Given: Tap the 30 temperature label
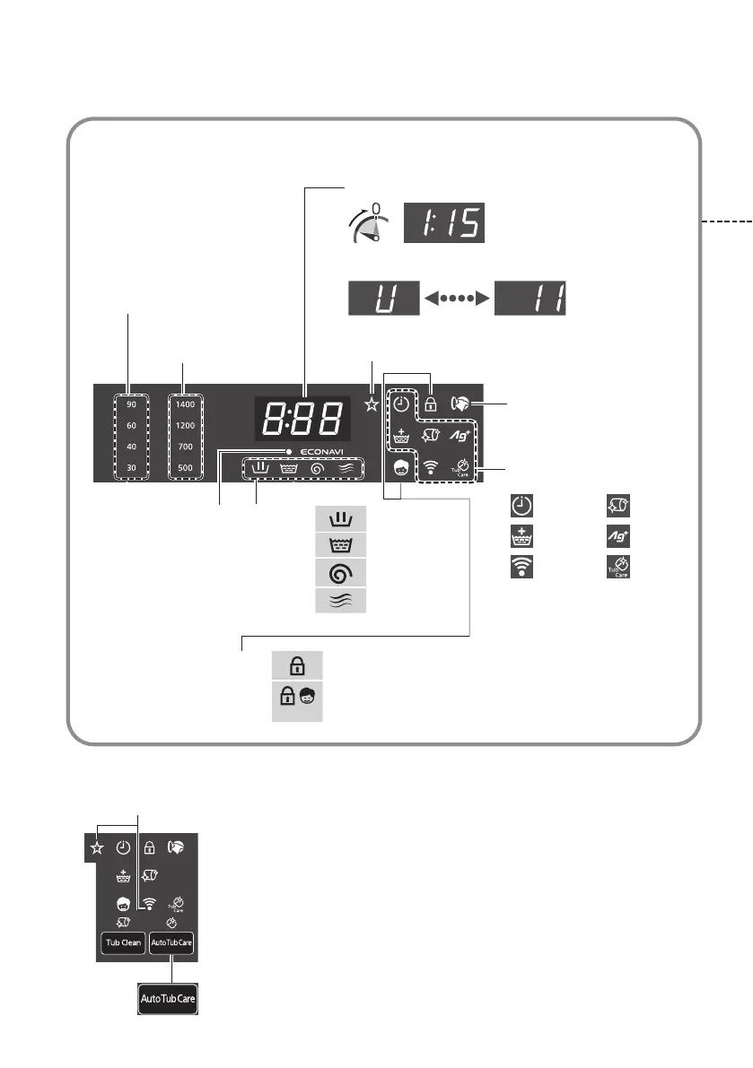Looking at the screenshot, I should (131, 467).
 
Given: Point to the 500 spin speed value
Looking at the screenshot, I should (186, 467).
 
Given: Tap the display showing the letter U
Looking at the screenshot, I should (384, 298).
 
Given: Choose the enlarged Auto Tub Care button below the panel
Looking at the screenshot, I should (168, 997).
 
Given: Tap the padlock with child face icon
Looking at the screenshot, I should (297, 698).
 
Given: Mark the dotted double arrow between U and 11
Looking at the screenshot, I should (459, 298).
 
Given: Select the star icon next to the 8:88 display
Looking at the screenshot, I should (371, 404).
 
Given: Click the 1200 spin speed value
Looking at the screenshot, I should (186, 426).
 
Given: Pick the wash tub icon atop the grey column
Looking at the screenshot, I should (341, 519).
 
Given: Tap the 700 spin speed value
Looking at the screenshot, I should (186, 447).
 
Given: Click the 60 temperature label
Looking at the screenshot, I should (131, 426).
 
